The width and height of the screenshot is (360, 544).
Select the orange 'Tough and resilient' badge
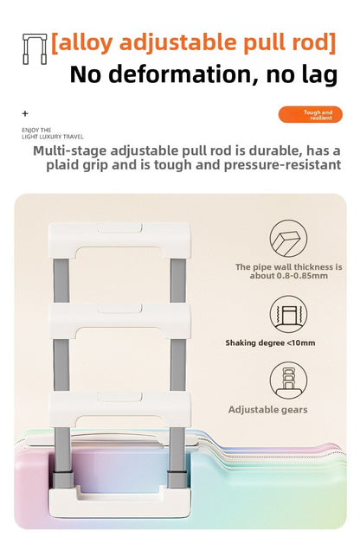311,114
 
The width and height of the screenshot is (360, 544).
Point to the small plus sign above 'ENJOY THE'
25,113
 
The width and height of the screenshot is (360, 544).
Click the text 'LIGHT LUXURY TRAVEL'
53,137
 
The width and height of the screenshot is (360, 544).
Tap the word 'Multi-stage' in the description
70,150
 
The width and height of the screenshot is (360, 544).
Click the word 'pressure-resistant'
282,165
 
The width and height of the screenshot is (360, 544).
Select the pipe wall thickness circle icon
288,239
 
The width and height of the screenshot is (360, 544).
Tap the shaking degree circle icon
288,314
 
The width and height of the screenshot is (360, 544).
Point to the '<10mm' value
301,342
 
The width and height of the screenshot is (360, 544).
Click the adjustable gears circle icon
288,381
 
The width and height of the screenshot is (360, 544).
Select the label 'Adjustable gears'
268,410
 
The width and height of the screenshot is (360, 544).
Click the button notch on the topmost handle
119,228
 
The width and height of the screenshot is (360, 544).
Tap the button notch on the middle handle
119,308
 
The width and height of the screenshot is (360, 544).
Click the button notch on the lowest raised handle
119,397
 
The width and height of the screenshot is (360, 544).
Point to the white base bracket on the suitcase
119,502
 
